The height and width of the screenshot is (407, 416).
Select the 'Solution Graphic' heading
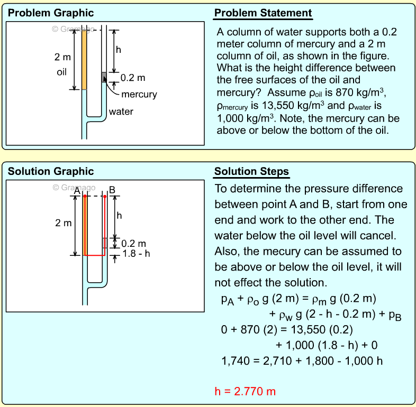(x=51, y=171)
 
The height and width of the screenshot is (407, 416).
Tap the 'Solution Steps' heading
(x=251, y=171)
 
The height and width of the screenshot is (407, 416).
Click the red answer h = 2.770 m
(x=245, y=392)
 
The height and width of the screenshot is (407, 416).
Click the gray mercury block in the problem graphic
(x=104, y=77)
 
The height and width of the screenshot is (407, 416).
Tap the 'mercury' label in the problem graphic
(x=139, y=94)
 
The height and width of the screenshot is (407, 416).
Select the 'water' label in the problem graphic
(x=121, y=112)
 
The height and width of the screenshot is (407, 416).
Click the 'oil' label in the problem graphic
(x=62, y=71)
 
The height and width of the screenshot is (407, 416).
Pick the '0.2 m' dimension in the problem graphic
(x=133, y=78)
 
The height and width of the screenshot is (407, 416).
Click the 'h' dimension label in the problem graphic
(x=119, y=50)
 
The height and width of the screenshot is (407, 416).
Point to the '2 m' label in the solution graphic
(x=63, y=223)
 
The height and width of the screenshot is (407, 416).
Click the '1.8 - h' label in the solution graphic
(x=136, y=254)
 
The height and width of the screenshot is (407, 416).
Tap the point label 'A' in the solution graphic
(x=78, y=191)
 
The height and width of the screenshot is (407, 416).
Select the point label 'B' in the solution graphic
(x=111, y=191)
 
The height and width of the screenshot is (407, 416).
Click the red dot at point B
(x=105, y=197)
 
